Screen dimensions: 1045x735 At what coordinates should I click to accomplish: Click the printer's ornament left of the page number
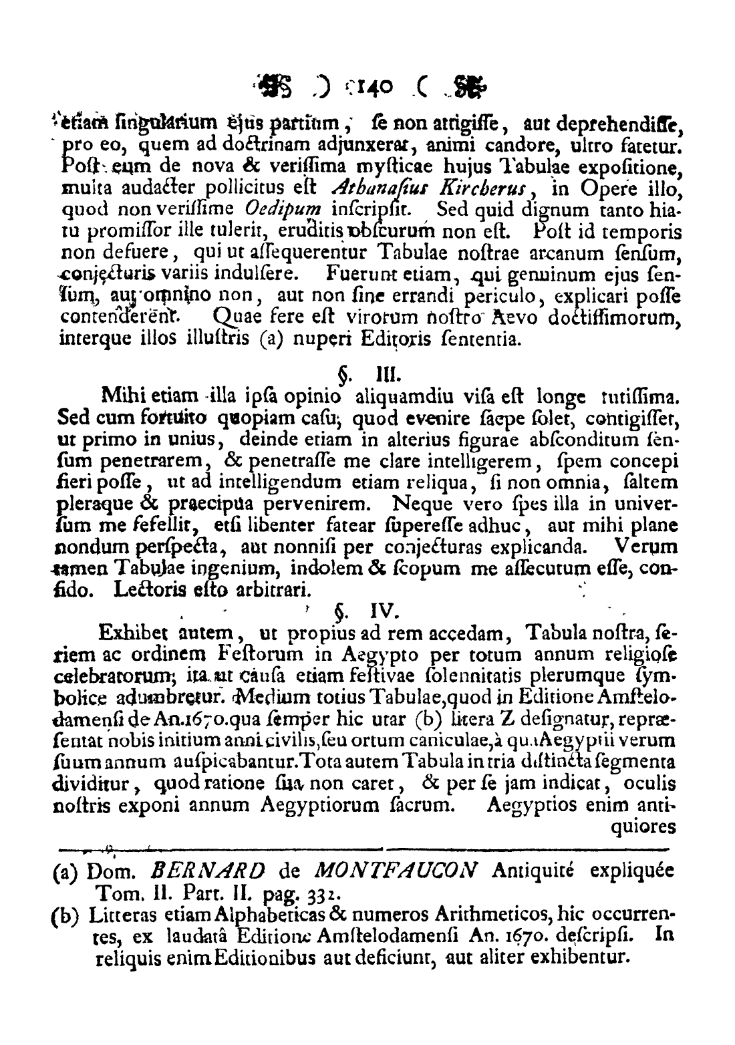pyautogui.click(x=287, y=87)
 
